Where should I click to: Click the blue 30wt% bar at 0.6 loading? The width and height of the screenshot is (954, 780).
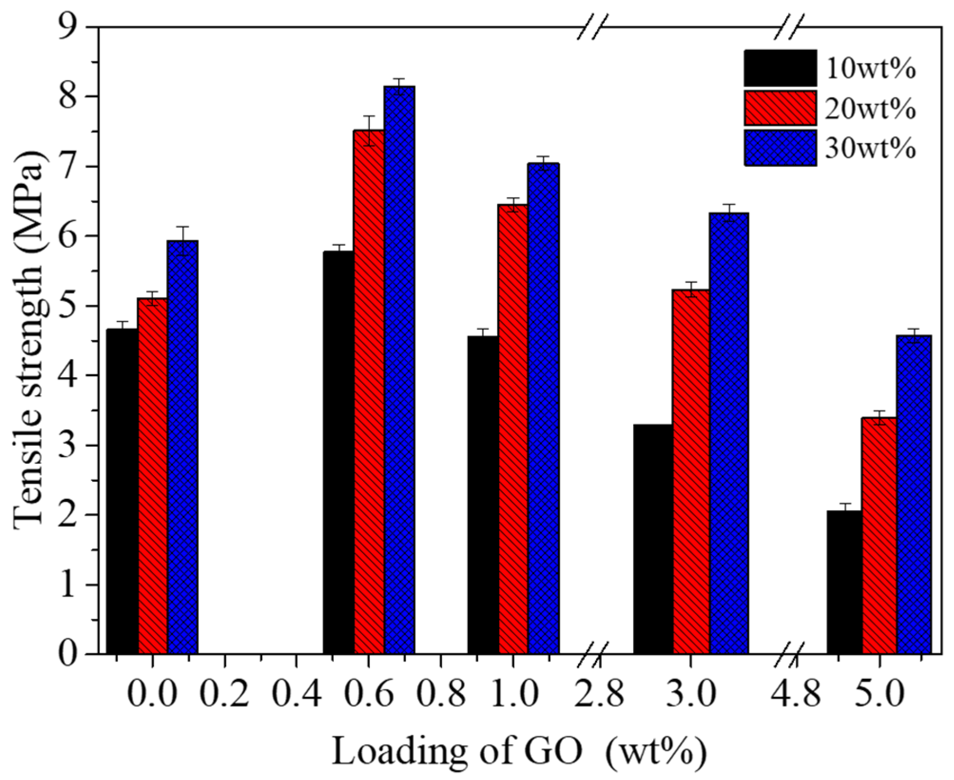399,371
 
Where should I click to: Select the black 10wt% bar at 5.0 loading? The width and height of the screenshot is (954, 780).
845,583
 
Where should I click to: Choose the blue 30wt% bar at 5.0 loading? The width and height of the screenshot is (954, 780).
914,495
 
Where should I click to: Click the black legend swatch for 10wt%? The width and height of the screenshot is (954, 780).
780,69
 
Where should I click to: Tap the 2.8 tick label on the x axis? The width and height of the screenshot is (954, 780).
598,695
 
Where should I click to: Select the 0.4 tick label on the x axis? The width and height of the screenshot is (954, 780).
297,695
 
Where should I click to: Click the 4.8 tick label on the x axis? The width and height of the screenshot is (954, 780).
796,695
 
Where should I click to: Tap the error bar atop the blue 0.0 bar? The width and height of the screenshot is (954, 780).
183,241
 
